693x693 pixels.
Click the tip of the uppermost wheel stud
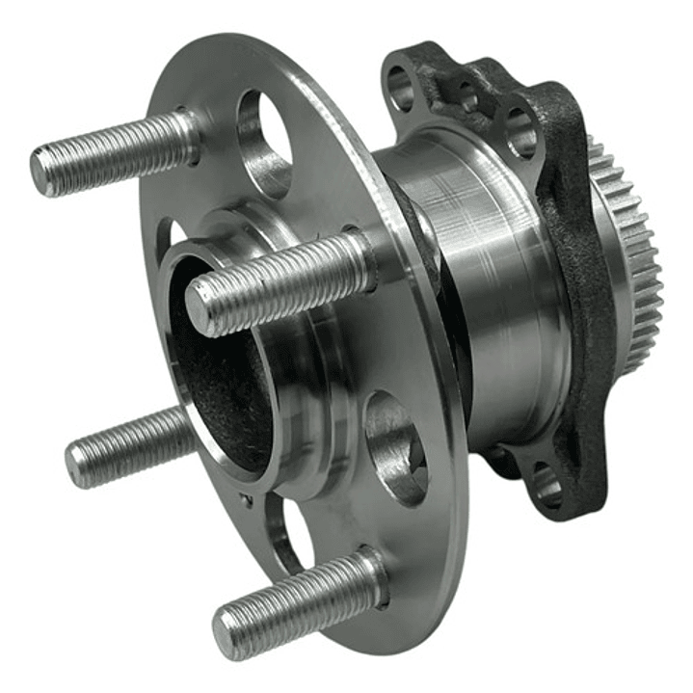pos(40,171)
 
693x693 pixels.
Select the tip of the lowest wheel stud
pos(225,632)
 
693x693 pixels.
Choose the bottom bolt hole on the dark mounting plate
pos(546,486)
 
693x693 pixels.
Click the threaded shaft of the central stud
pos(289,280)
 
